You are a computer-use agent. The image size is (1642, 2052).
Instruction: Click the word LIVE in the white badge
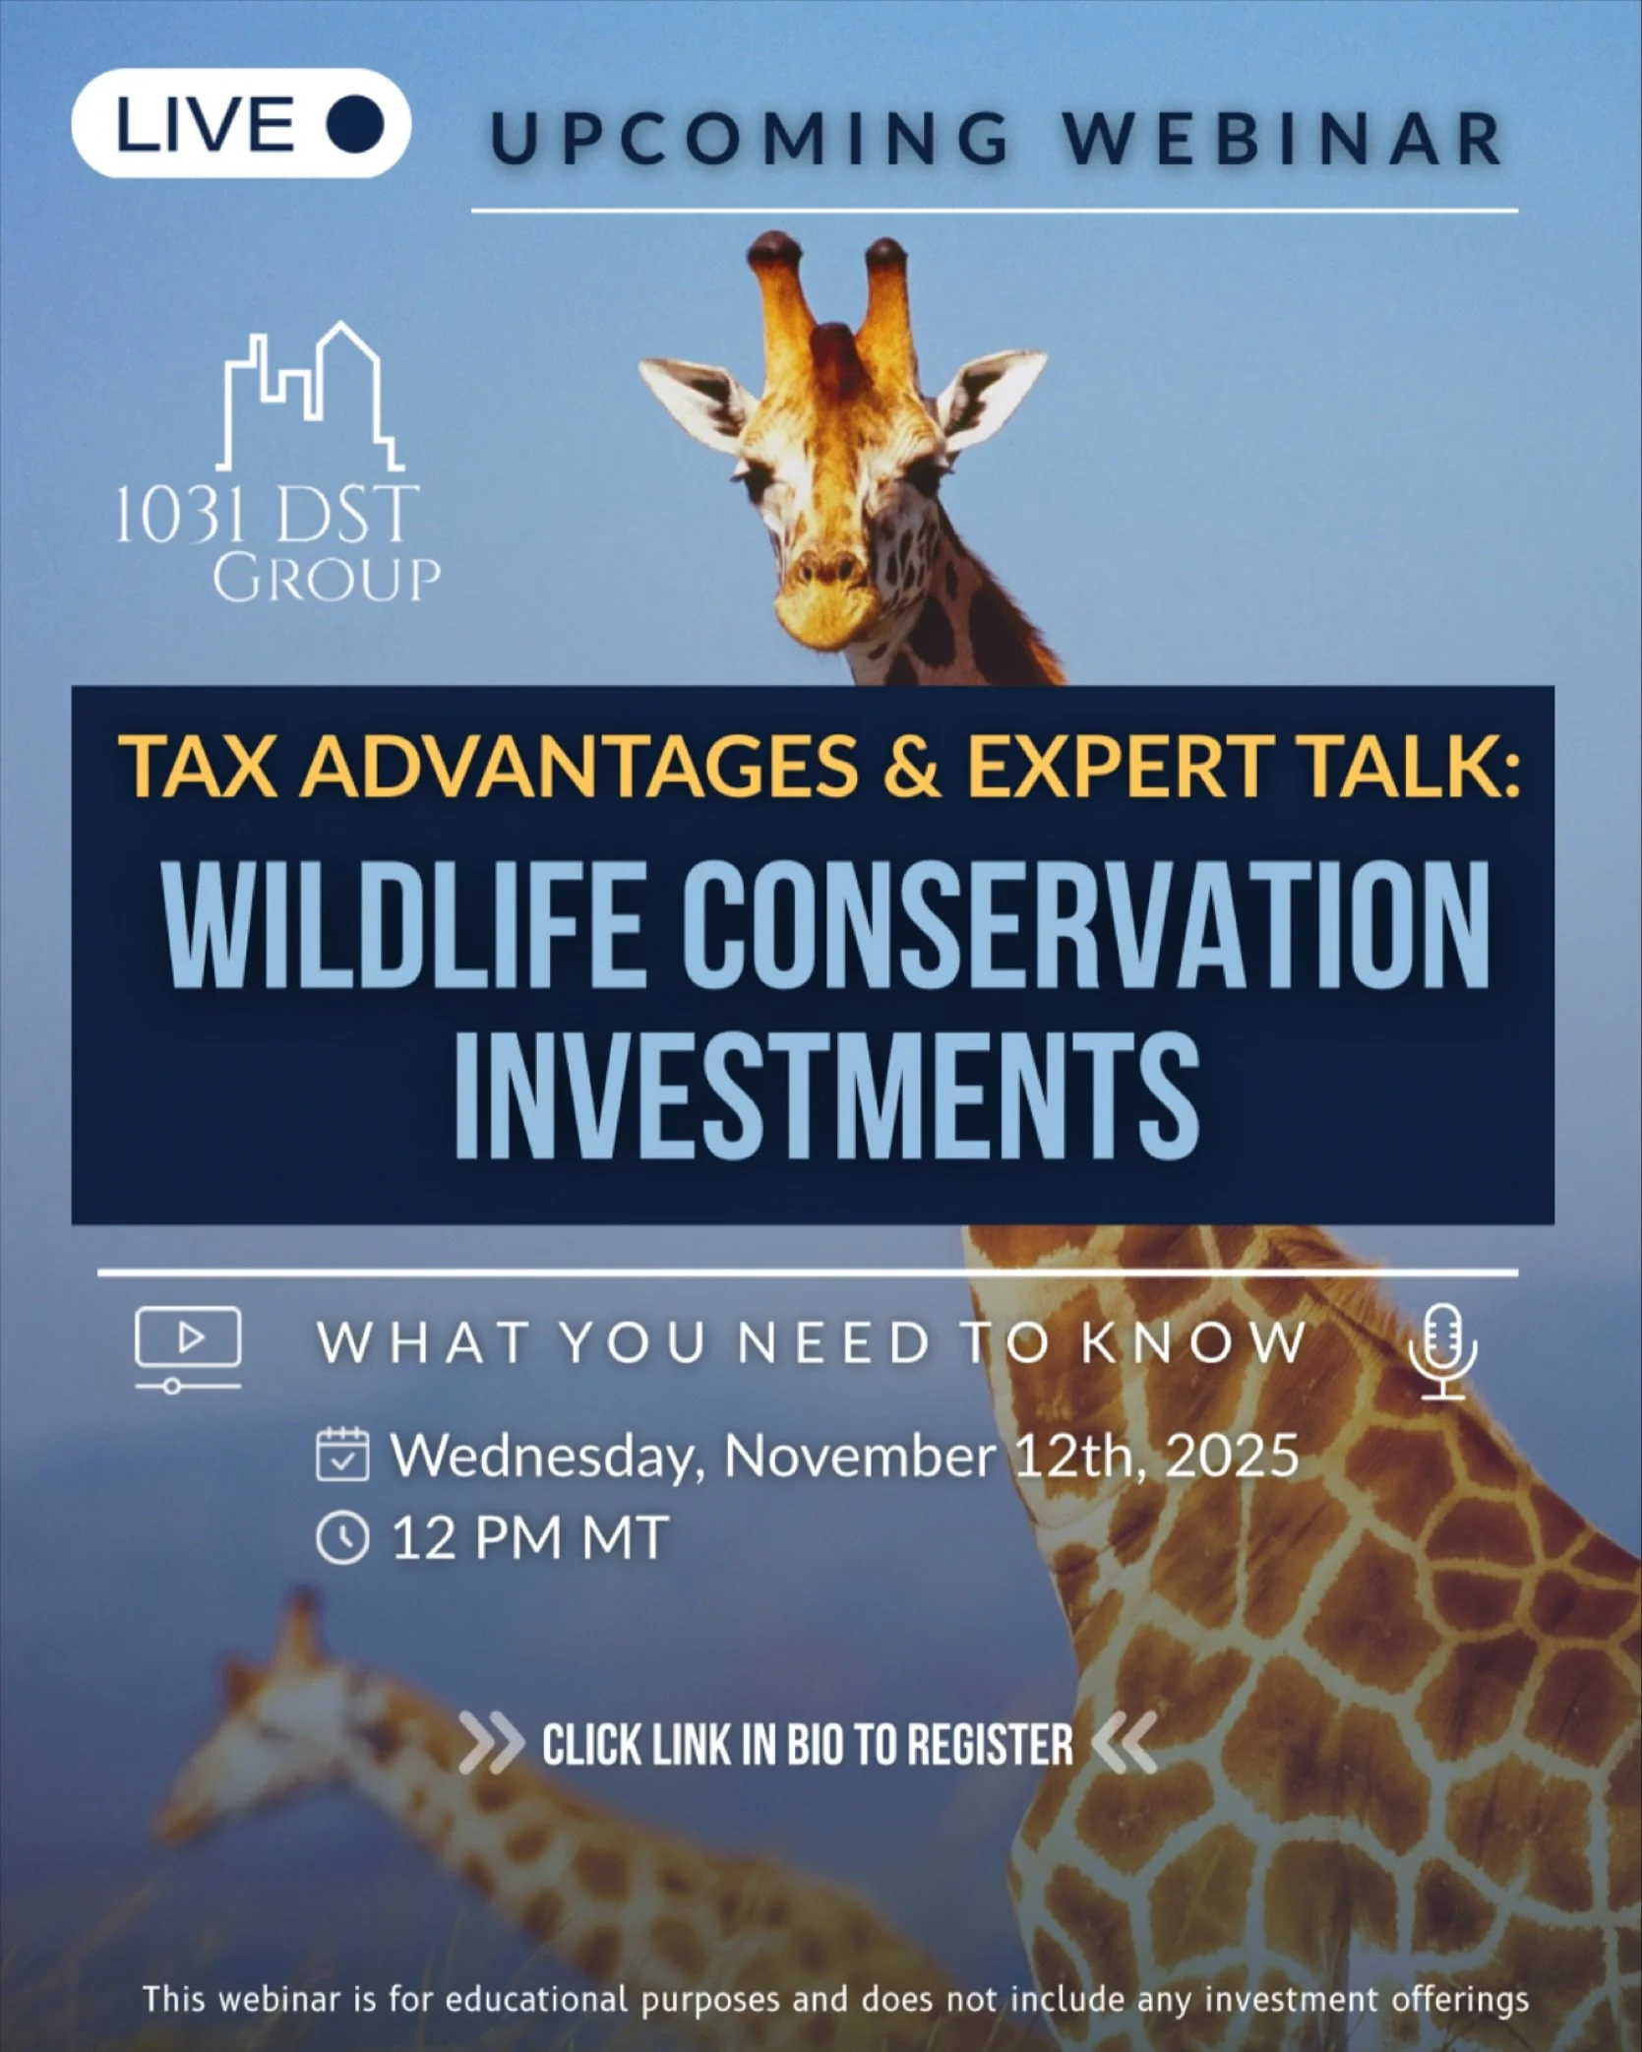pos(206,125)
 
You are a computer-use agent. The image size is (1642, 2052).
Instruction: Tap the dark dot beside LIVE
pos(355,125)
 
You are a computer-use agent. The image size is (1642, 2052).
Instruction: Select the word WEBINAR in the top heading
pos(1282,139)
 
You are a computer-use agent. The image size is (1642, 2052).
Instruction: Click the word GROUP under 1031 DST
pos(327,579)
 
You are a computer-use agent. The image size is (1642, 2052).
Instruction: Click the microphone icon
pos(1442,1351)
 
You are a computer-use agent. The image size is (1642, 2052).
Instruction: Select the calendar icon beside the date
pos(342,1456)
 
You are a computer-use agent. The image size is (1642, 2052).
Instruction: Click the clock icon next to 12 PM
pos(342,1537)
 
